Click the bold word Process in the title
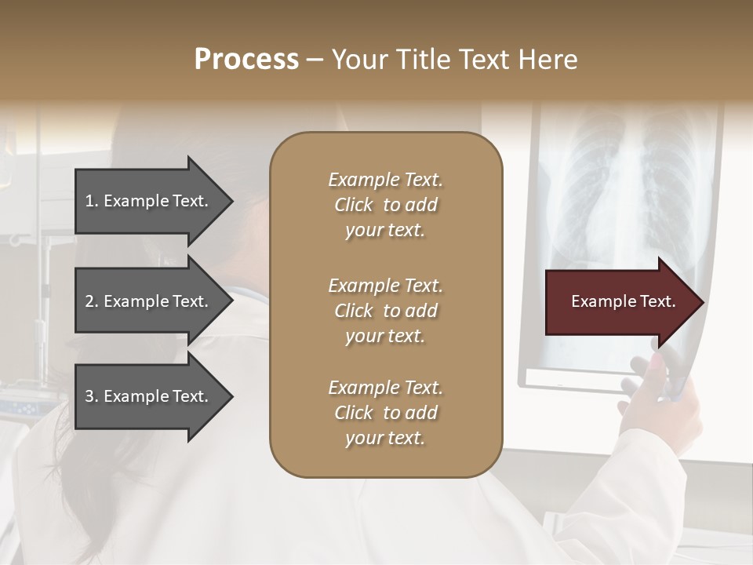[x=246, y=59]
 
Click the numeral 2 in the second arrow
[x=89, y=301]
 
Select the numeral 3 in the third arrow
[x=89, y=396]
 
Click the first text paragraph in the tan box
[x=385, y=205]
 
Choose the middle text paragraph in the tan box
[x=385, y=311]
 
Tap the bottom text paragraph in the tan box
[x=385, y=413]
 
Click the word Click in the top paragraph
[x=353, y=205]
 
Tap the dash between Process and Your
[x=315, y=60]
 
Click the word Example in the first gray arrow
[x=136, y=201]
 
